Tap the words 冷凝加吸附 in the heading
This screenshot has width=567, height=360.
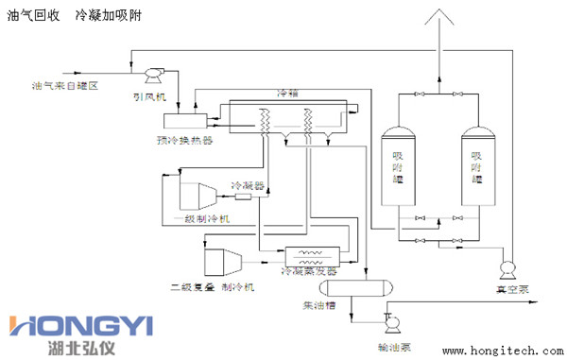coord(109,16)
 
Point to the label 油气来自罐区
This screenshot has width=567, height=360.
coord(64,86)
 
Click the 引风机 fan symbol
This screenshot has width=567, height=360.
coord(148,72)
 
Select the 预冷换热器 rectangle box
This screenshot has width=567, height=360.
coord(185,121)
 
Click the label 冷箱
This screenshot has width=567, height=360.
coord(286,94)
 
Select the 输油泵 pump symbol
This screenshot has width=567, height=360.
coord(387,317)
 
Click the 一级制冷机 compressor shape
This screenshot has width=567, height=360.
coord(196,195)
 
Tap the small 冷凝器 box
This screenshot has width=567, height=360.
coord(243,197)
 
